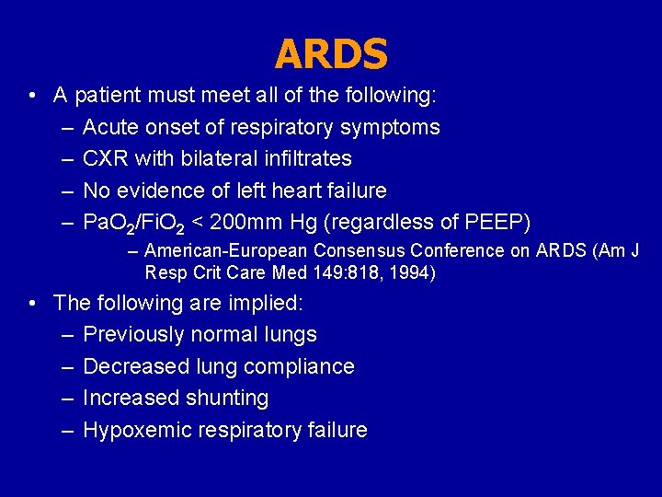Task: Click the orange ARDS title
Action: tap(331, 54)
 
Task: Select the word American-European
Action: tap(225, 250)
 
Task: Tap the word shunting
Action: tap(226, 398)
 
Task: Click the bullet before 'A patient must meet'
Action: tap(32, 96)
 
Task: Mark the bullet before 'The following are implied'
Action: tap(32, 303)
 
